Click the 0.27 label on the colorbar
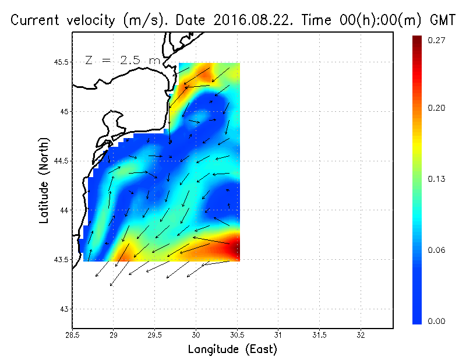[437, 40]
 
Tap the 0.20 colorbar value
[437, 108]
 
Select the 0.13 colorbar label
[437, 179]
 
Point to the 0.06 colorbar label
[437, 250]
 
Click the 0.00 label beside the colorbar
[437, 321]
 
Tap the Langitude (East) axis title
[232, 350]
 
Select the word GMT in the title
[443, 20]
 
